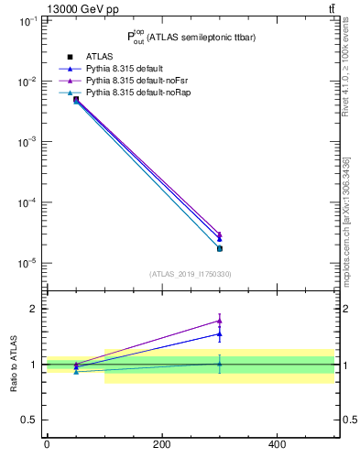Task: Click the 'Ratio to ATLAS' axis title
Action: click(13, 364)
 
